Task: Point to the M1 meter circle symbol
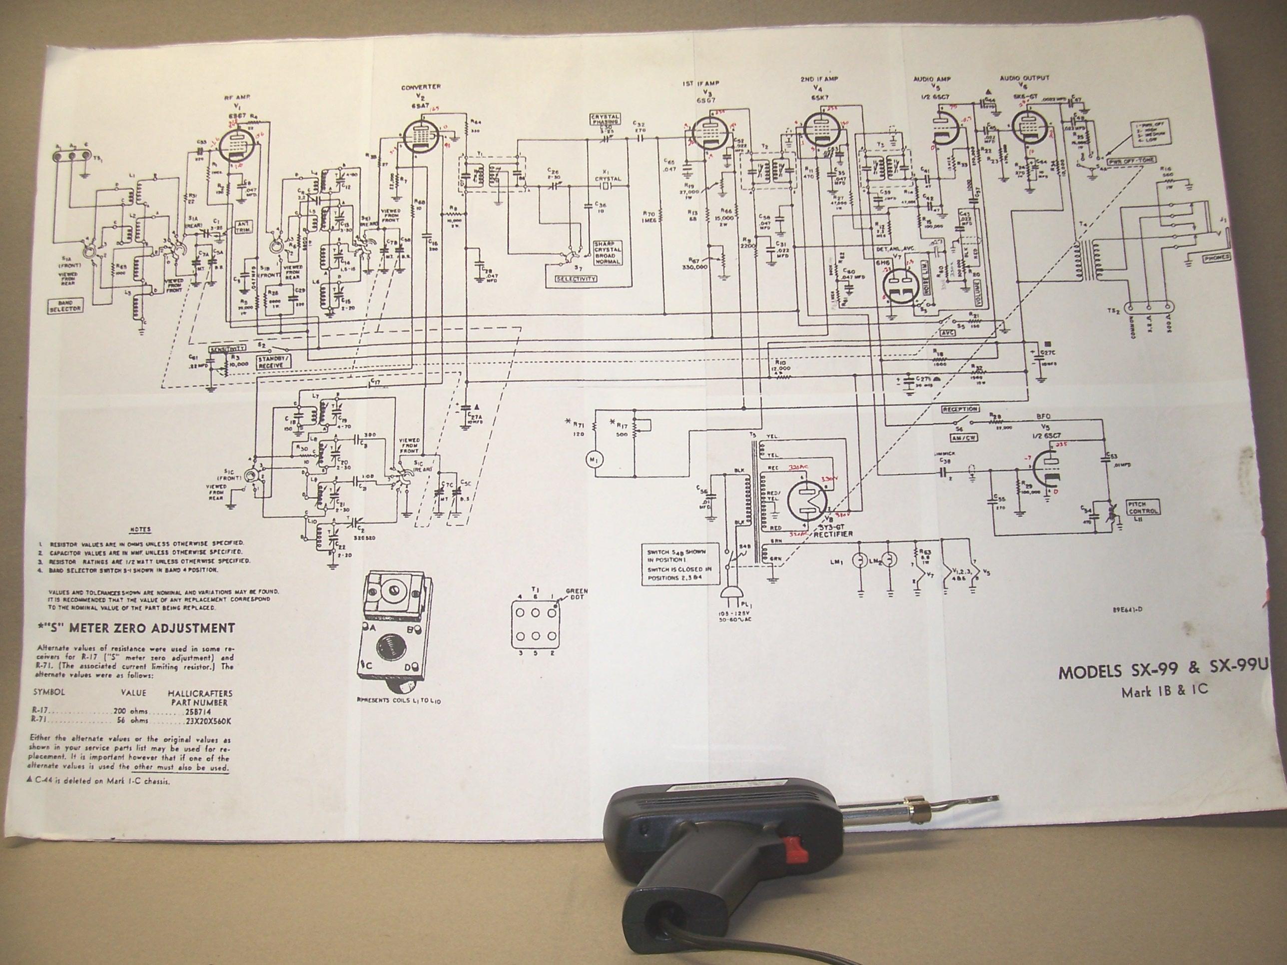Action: point(594,460)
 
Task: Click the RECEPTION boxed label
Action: point(961,410)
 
